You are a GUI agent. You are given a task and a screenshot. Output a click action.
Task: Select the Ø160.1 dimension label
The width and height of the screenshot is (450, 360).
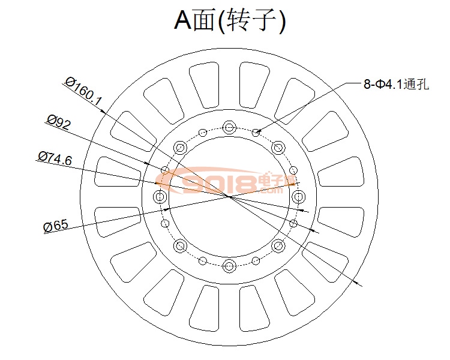[83, 91]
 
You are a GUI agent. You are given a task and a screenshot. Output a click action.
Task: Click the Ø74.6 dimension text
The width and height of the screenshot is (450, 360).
[55, 158]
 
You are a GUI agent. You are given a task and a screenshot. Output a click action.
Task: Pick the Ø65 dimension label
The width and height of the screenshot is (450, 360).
[56, 226]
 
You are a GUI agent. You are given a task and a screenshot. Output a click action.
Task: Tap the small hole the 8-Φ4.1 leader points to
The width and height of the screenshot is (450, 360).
[256, 133]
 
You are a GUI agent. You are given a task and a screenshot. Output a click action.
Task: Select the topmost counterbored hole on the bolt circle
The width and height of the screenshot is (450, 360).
[229, 127]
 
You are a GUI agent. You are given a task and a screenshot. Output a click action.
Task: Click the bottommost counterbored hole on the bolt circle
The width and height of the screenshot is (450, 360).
[229, 265]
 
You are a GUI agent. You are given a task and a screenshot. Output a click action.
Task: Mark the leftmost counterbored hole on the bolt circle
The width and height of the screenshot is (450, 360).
[160, 196]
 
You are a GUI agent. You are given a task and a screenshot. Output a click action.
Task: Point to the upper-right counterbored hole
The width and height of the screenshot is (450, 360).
[278, 147]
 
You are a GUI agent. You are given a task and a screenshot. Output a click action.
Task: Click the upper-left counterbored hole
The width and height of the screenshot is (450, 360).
[179, 147]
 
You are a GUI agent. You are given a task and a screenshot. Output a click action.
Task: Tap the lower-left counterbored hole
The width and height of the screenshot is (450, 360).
[179, 245]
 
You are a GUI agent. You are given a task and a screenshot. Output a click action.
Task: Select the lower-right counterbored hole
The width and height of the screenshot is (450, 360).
[278, 245]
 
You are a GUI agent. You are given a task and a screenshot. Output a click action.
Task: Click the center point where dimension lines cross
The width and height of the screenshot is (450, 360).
[229, 196]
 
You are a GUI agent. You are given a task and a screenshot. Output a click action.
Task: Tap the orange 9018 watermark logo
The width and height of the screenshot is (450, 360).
[225, 183]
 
